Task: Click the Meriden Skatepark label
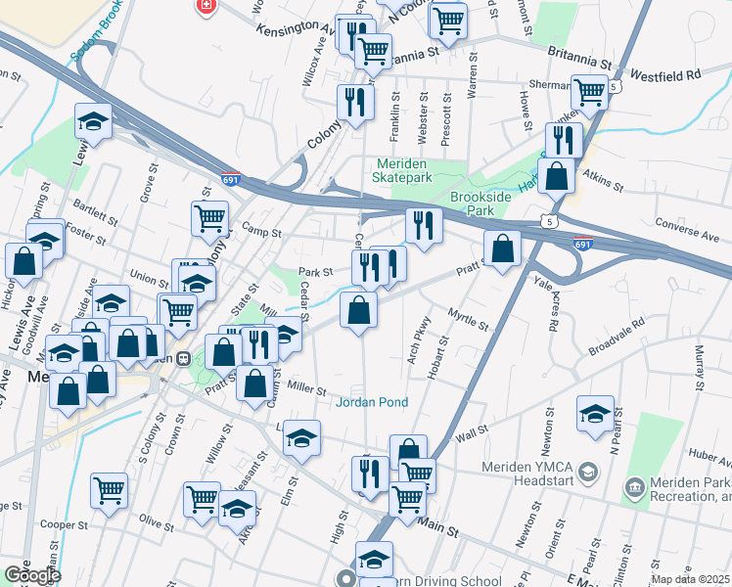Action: pyautogui.click(x=401, y=170)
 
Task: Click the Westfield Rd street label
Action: pyautogui.click(x=665, y=74)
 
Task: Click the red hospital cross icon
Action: pyautogui.click(x=206, y=6)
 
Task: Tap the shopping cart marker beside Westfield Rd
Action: pyautogui.click(x=590, y=92)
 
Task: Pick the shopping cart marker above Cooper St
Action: pyautogui.click(x=109, y=488)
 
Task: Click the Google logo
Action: pyautogui.click(x=31, y=575)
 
